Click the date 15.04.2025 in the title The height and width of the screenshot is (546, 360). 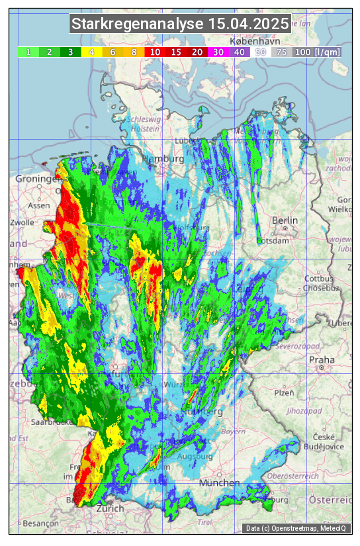coord(248,24)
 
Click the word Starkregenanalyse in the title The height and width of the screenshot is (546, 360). coord(138,24)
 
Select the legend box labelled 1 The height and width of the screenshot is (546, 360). coord(28,52)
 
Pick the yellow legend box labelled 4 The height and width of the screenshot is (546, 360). coord(91,52)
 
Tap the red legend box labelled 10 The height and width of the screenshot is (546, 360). coord(155,52)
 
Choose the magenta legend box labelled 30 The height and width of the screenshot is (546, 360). coord(218,52)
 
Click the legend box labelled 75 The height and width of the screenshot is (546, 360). coord(281,52)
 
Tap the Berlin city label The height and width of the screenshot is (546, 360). coord(285,220)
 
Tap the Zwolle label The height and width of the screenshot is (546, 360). coord(22,222)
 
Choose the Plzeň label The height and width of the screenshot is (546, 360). coord(284,392)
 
